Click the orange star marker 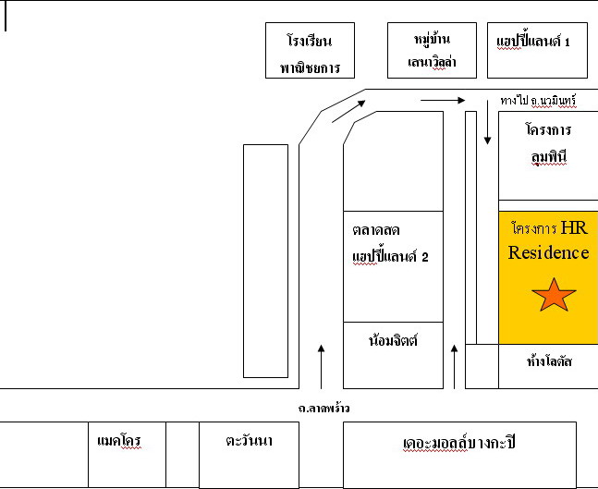[x=554, y=295]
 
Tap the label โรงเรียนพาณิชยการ [x=310, y=54]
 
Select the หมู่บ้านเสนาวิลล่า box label [x=433, y=50]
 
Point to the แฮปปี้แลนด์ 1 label [x=533, y=42]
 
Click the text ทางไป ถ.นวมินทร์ [x=538, y=101]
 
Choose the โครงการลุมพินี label [x=548, y=143]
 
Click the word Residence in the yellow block [x=548, y=253]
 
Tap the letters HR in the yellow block [x=574, y=227]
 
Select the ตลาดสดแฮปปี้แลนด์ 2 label [x=390, y=244]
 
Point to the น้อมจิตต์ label [x=393, y=339]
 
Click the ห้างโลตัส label [x=549, y=361]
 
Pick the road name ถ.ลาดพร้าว [x=323, y=409]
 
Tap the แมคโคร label [x=119, y=441]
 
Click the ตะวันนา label [x=249, y=441]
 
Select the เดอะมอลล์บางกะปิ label [x=459, y=443]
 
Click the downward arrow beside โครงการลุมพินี [x=487, y=122]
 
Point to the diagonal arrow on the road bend [x=348, y=111]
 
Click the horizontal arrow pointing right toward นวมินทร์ [x=443, y=101]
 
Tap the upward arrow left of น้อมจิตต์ [x=321, y=367]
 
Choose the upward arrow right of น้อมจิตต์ [x=454, y=367]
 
